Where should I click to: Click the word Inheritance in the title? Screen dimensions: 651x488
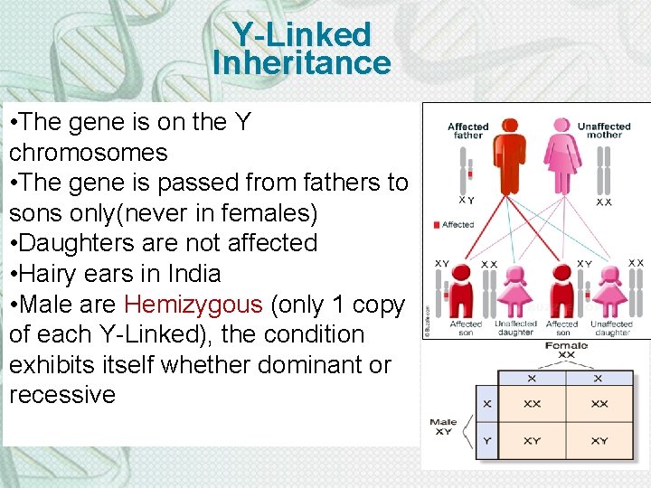(x=301, y=63)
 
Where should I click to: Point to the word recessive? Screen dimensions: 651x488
(x=62, y=395)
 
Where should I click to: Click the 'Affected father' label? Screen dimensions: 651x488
(x=467, y=130)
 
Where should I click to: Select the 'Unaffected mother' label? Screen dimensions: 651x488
(x=604, y=130)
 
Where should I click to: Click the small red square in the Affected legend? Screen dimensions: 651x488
(x=437, y=224)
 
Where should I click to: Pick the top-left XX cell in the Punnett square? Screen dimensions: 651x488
(x=532, y=404)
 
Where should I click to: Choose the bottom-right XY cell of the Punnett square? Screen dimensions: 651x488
(x=599, y=440)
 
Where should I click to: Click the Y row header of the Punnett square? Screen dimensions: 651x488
(x=487, y=440)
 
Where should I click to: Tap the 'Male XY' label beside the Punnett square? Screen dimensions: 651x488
(x=443, y=427)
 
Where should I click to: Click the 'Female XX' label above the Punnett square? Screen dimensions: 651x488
(x=566, y=350)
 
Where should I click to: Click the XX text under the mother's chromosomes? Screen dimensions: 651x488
(x=603, y=202)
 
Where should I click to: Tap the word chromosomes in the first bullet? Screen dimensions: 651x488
(x=88, y=152)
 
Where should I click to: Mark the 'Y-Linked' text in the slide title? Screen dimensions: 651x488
(x=301, y=34)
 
